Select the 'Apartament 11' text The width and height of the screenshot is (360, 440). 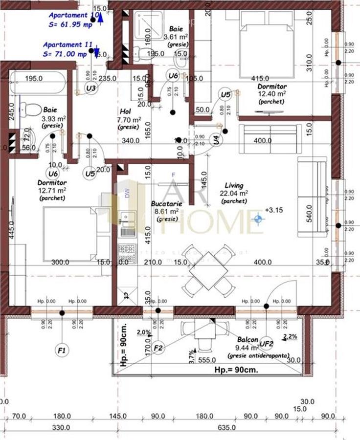67,44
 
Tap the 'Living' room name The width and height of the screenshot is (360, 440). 234,185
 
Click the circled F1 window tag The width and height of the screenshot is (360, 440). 62,350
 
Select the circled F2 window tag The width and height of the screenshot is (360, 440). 158,348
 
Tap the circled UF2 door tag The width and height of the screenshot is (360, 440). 267,343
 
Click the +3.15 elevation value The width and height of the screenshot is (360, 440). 274,210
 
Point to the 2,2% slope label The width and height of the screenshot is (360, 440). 291,336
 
